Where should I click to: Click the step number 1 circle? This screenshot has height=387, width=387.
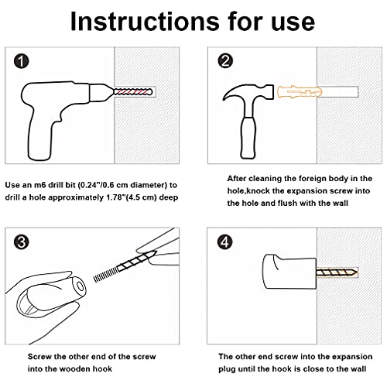pyautogui.click(x=21, y=61)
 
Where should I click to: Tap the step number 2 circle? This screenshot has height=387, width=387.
pyautogui.click(x=225, y=61)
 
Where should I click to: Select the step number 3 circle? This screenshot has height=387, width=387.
pyautogui.click(x=21, y=242)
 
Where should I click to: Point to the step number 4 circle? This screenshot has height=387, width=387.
pyautogui.click(x=225, y=242)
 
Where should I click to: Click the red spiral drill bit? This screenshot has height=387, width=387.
pyautogui.click(x=133, y=91)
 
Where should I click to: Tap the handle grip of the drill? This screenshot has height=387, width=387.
pyautogui.click(x=41, y=137)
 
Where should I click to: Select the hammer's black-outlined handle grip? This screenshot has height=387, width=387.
pyautogui.click(x=248, y=138)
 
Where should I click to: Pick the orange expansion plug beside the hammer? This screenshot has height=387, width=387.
pyautogui.click(x=300, y=92)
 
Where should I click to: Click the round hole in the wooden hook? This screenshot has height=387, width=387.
pyautogui.click(x=80, y=286)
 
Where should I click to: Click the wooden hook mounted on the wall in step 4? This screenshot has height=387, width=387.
pyautogui.click(x=289, y=272)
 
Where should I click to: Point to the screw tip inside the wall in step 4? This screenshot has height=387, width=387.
pyautogui.click(x=354, y=272)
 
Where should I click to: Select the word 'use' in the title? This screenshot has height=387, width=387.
pyautogui.click(x=293, y=24)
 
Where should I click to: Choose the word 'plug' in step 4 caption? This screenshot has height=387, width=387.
pyautogui.click(x=227, y=369)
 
